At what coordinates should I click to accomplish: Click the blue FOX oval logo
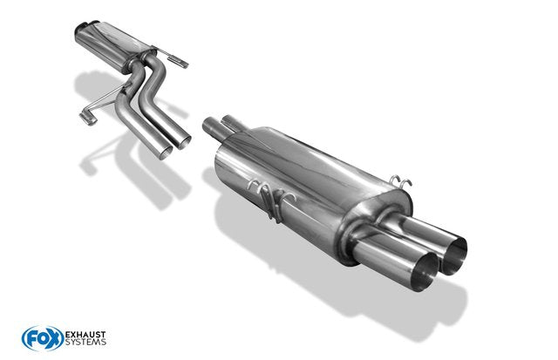[x=43, y=338]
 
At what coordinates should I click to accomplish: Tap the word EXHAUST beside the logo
[x=85, y=335]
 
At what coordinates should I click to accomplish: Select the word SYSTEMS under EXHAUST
[x=85, y=343]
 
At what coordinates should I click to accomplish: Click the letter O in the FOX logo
[x=43, y=338]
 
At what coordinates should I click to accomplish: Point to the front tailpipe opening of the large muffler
[x=425, y=271]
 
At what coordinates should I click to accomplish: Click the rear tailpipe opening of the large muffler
[x=454, y=255]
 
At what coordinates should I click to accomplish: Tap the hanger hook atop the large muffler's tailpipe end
[x=401, y=182]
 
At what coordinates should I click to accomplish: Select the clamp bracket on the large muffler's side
[x=271, y=200]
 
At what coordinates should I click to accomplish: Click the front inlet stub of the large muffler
[x=213, y=129]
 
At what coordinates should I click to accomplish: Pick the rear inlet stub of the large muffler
[x=232, y=122]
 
